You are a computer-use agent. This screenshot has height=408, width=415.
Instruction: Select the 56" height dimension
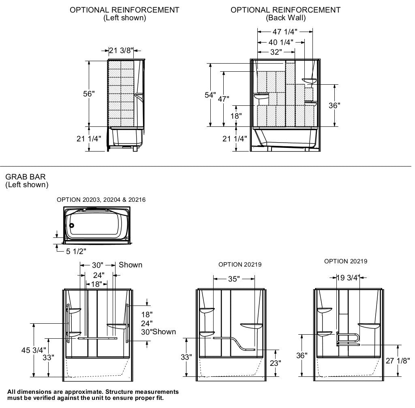point(89,94)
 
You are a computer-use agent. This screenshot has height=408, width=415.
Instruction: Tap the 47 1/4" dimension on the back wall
point(285,32)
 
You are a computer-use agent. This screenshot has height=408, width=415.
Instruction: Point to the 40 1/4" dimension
point(281,42)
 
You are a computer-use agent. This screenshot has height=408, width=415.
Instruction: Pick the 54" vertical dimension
point(210,95)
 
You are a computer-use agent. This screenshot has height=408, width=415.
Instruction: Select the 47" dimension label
point(223,98)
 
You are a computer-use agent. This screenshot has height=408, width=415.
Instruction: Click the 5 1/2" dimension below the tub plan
point(76,252)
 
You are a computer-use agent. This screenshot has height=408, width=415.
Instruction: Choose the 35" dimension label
point(234,279)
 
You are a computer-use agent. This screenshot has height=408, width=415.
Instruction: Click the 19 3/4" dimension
point(348,278)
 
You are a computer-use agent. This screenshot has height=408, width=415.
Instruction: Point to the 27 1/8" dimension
point(398,361)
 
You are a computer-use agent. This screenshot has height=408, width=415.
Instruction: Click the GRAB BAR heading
point(26,177)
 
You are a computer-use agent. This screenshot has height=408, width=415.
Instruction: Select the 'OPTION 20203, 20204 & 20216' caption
point(101,200)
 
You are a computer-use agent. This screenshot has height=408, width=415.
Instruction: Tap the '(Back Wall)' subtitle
point(286,18)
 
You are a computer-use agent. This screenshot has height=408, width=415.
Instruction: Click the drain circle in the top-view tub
point(72,226)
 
